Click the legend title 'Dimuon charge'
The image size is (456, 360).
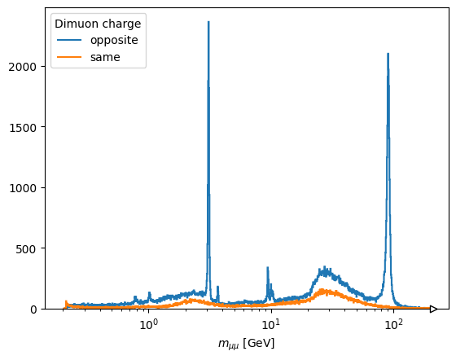point(98,24)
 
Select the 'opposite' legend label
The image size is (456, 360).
point(114,41)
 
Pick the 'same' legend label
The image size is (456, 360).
point(105,57)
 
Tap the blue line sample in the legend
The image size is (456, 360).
point(69,40)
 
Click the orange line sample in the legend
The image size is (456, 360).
point(69,57)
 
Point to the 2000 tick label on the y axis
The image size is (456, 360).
point(23,67)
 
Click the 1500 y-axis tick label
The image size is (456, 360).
point(23,127)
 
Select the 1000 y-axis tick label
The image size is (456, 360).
point(23,188)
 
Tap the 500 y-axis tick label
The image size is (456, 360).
point(26,249)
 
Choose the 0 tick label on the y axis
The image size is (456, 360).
point(33,310)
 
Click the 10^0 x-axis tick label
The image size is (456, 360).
point(148,324)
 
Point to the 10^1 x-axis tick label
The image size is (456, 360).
point(271,324)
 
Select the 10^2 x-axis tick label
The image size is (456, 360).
point(394,324)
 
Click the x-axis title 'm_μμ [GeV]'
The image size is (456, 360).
point(246,344)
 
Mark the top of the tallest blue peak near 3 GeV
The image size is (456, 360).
point(208,21)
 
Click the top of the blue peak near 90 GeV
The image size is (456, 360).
point(388,54)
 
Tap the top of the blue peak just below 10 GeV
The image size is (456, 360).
point(268,267)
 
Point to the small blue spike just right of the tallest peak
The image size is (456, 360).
point(218,287)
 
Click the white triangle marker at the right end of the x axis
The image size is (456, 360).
point(433,309)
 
